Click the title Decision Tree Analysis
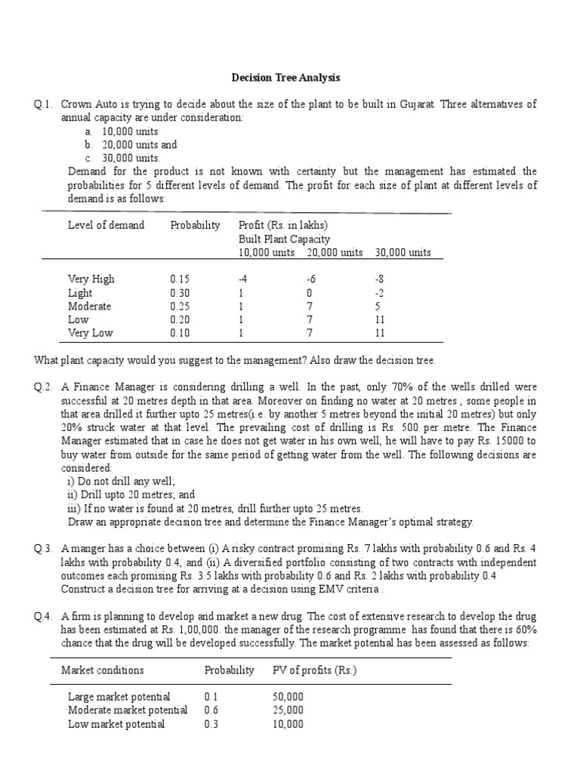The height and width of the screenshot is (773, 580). (x=285, y=78)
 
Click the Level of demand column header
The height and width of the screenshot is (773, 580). (x=106, y=225)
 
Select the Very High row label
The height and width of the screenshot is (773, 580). (x=91, y=279)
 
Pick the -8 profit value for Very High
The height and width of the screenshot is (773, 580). (x=380, y=279)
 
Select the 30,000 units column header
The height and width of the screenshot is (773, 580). (x=403, y=252)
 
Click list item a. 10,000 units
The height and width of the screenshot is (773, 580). (x=121, y=131)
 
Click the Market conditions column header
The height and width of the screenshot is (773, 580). (x=102, y=670)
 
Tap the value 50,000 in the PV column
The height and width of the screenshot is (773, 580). (x=288, y=696)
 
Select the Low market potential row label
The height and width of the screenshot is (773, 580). (x=116, y=724)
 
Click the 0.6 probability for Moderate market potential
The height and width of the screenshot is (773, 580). (x=211, y=710)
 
